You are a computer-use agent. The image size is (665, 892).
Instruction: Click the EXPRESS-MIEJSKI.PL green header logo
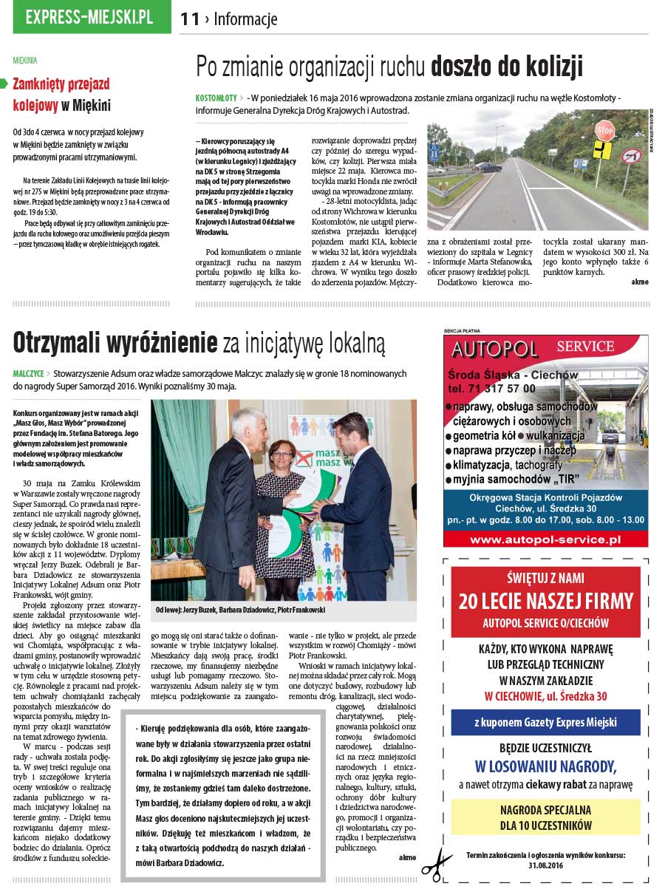pos(89,17)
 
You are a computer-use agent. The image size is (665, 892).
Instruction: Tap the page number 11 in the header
pos(190,19)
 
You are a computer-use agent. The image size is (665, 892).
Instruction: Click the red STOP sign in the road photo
pos(604,131)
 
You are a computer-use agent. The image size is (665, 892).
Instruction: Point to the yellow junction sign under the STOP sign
pos(603,151)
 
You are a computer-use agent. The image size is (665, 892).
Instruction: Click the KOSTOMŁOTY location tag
pos(216,98)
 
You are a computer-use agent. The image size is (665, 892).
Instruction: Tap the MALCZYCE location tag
pos(28,374)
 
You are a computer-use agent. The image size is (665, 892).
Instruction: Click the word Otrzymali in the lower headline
pos(62,343)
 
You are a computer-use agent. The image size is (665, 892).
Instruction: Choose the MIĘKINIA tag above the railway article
pos(25,61)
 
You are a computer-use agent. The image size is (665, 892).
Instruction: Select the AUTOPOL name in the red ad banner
pos(495,349)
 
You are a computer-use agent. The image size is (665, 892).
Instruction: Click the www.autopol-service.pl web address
pos(545,539)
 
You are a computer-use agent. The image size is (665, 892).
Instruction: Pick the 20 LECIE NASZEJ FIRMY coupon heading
pos(545,601)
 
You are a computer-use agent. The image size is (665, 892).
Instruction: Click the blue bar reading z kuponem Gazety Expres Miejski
pos(545,722)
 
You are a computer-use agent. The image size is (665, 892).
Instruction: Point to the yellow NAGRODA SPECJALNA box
pos(545,817)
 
